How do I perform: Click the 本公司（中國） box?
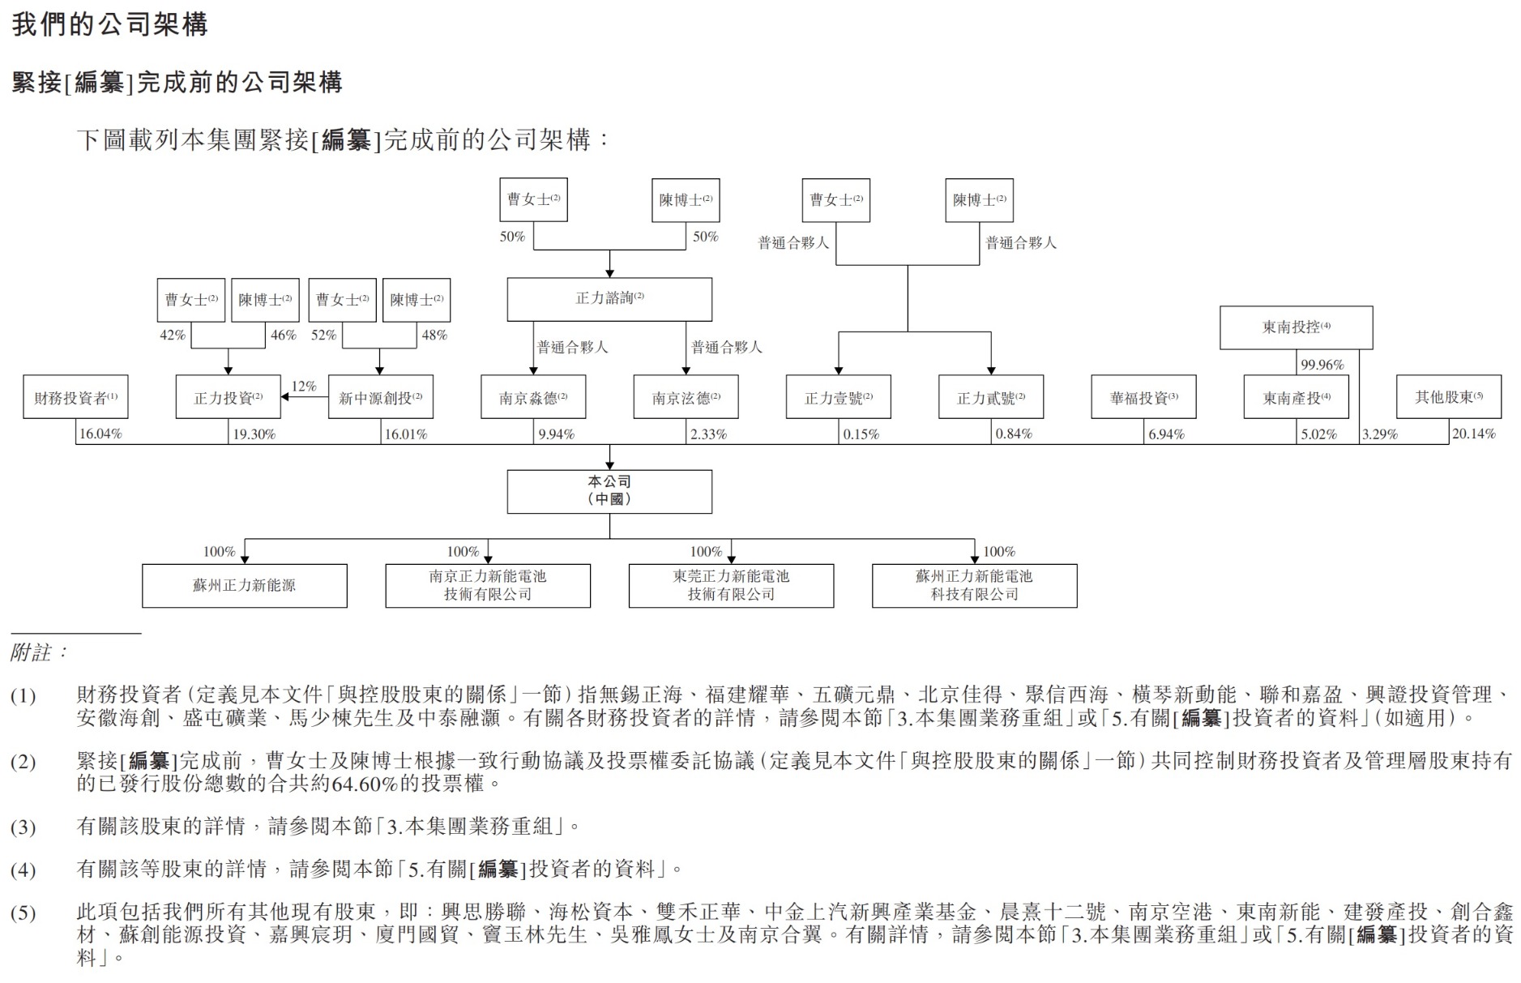pyautogui.click(x=609, y=491)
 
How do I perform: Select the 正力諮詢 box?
pyautogui.click(x=609, y=299)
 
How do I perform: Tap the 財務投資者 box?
pyautogui.click(x=75, y=397)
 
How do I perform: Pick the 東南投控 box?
pyautogui.click(x=1296, y=327)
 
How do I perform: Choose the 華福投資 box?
pyautogui.click(x=1143, y=397)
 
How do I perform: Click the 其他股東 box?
pyautogui.click(x=1448, y=397)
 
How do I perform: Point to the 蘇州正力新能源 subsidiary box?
pyautogui.click(x=244, y=585)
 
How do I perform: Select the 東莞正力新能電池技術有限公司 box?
pyautogui.click(x=731, y=585)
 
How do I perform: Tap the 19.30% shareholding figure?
pyautogui.click(x=254, y=434)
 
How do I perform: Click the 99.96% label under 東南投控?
pyautogui.click(x=1322, y=365)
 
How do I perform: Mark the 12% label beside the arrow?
pyautogui.click(x=304, y=387)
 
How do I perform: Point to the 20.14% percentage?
pyautogui.click(x=1473, y=434)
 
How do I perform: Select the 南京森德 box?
pyautogui.click(x=533, y=397)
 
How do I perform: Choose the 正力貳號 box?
pyautogui.click(x=990, y=397)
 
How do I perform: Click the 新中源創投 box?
pyautogui.click(x=380, y=397)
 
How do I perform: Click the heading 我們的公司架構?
pyautogui.click(x=109, y=24)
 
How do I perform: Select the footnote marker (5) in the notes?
pyautogui.click(x=23, y=913)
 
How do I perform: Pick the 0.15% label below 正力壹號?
pyautogui.click(x=861, y=434)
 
